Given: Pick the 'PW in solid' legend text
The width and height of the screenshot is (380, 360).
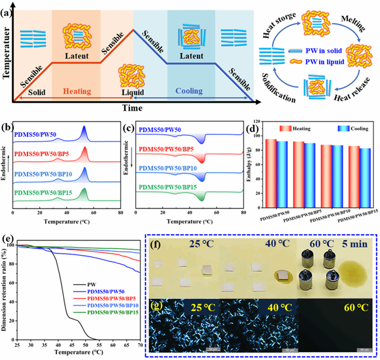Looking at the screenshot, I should tap(332, 50).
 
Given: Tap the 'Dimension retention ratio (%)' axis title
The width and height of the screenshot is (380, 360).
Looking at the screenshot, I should tap(6, 292).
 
